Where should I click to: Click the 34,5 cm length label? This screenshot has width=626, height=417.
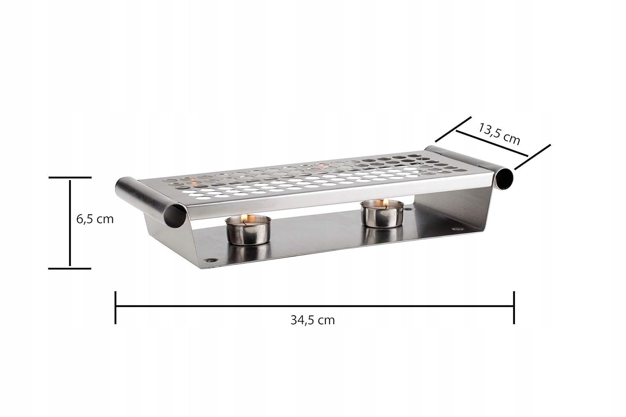[x=313, y=320]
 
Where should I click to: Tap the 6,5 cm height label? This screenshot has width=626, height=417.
[x=95, y=219]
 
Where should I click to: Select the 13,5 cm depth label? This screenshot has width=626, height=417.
[x=499, y=134]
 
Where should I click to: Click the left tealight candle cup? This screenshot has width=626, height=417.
[x=248, y=230]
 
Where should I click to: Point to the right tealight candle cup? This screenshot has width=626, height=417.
[x=382, y=214]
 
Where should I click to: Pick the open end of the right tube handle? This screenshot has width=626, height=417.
[x=505, y=179]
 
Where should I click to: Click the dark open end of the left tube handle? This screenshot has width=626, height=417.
[x=175, y=216]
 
